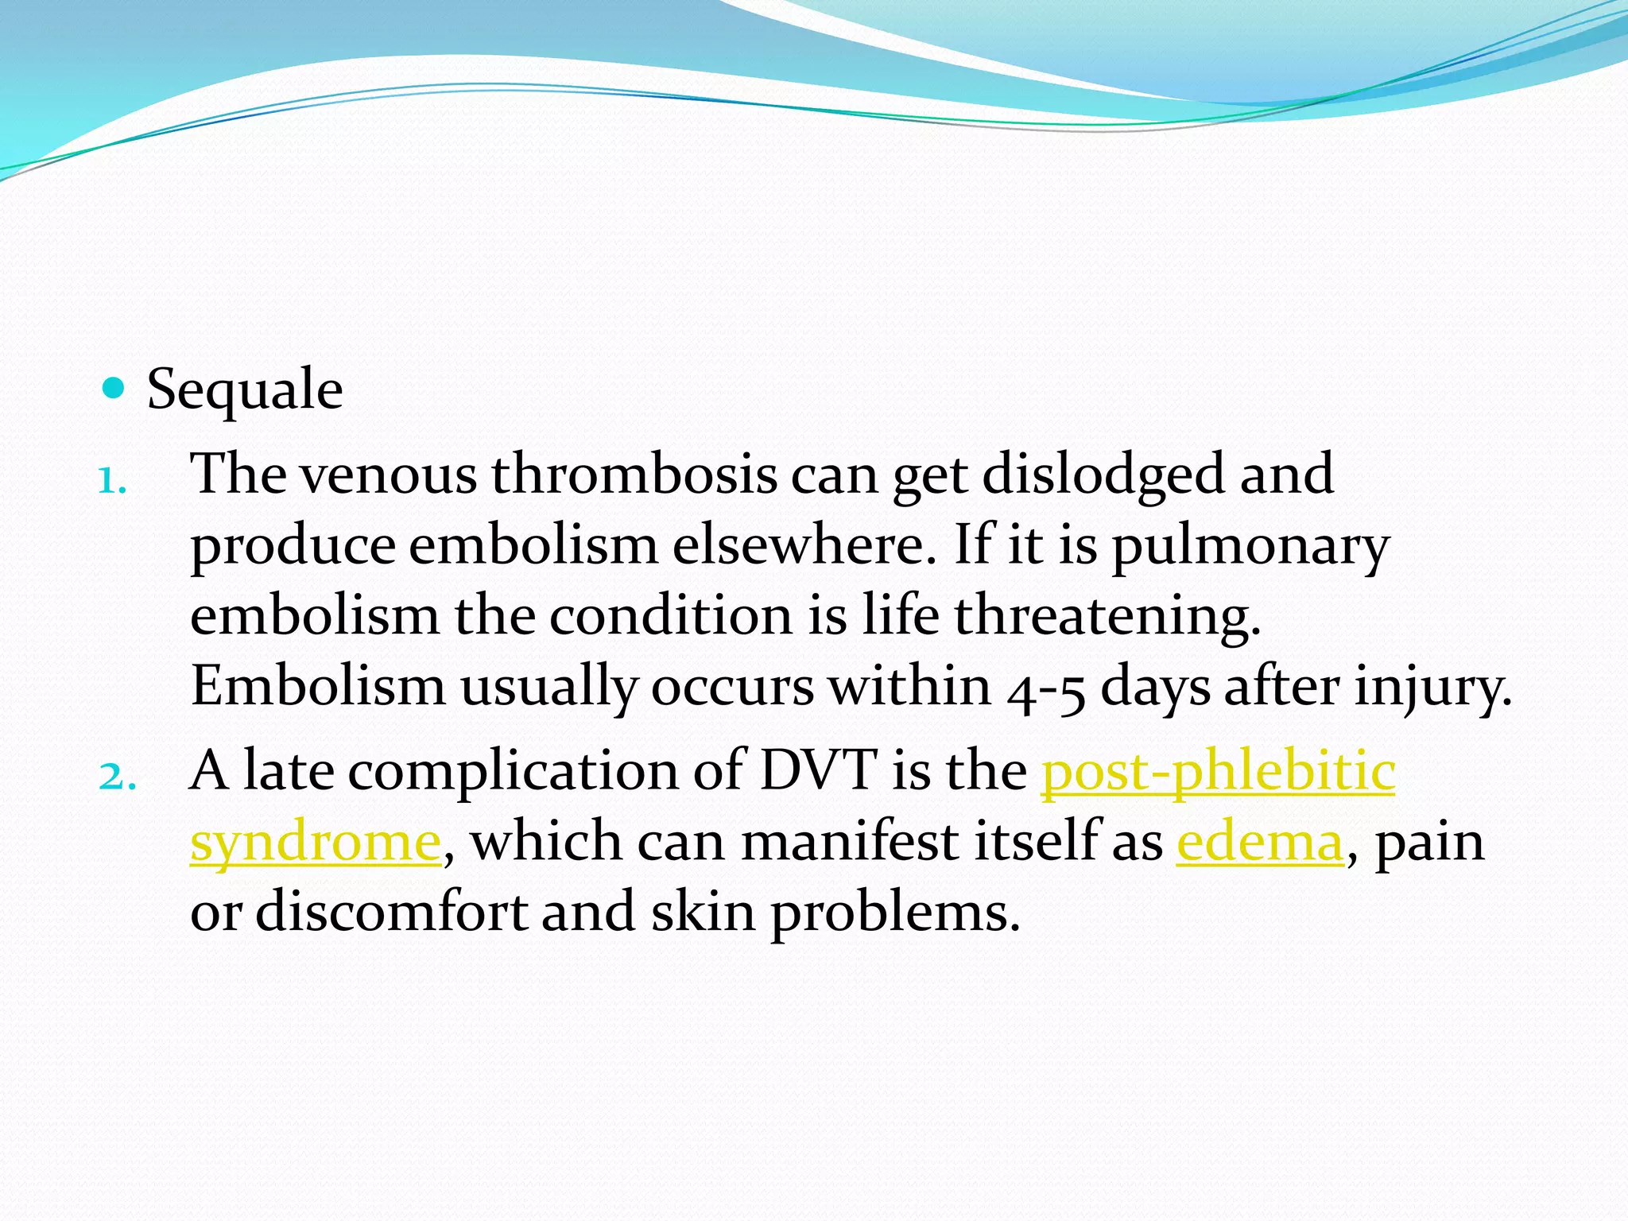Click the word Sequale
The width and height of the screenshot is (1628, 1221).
click(245, 390)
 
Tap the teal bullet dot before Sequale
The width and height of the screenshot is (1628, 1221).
click(114, 388)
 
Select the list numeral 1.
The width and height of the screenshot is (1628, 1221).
click(112, 480)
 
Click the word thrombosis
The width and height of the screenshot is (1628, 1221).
click(634, 475)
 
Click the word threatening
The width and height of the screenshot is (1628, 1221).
click(1107, 617)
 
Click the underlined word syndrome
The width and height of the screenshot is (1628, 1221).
click(316, 843)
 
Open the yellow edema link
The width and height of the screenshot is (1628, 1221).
click(1259, 841)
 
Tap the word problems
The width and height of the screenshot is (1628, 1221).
click(895, 913)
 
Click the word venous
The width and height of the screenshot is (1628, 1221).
click(388, 475)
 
